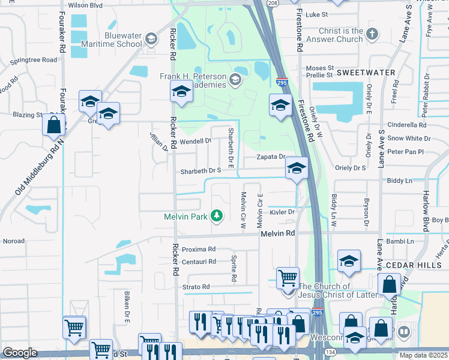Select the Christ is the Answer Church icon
pyautogui.click(x=372, y=35)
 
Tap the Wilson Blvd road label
pyautogui.click(x=86, y=5)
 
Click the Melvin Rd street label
pyautogui.click(x=278, y=233)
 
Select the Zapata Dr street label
pyautogui.click(x=271, y=157)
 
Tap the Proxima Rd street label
pyautogui.click(x=199, y=249)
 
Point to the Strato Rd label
pyautogui.click(x=196, y=287)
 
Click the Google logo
pyautogui.click(x=20, y=353)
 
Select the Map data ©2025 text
pyautogui.click(x=424, y=355)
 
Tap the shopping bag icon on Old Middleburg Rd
pyautogui.click(x=54, y=125)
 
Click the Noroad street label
pyautogui.click(x=14, y=241)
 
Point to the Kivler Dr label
pyautogui.click(x=280, y=212)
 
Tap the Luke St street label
pyautogui.click(x=316, y=14)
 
